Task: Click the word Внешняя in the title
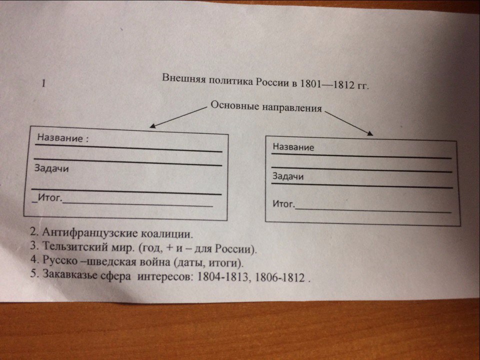181,79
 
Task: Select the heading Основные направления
266,106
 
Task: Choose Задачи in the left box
51,168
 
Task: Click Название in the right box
293,147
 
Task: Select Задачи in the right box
288,176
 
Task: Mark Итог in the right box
284,204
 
